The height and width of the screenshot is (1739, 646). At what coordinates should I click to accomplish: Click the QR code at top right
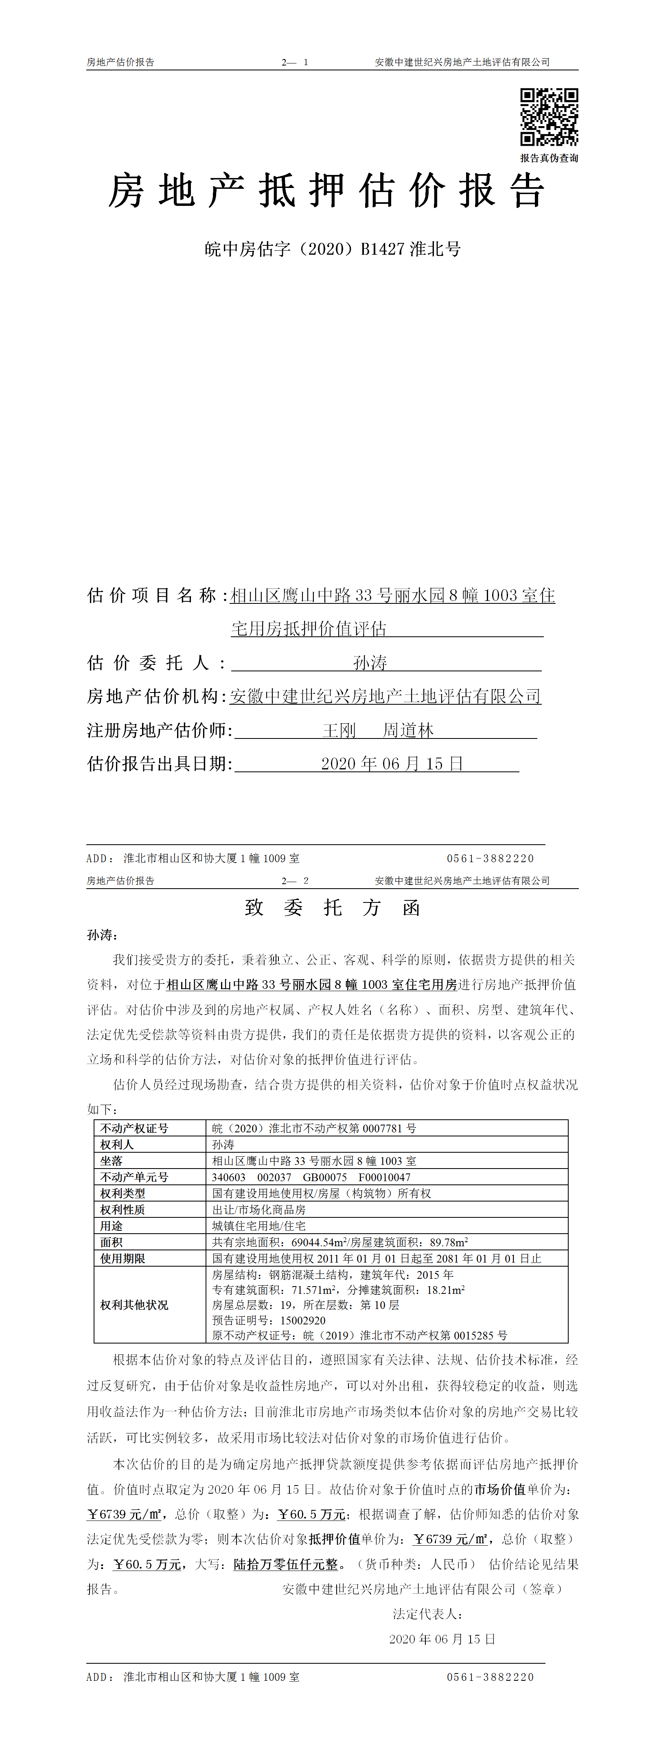(x=549, y=117)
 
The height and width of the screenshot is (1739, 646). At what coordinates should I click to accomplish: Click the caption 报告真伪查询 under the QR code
(x=549, y=158)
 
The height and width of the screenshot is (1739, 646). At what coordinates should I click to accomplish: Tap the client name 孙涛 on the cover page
(x=370, y=662)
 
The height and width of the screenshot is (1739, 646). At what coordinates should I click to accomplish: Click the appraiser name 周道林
(x=408, y=730)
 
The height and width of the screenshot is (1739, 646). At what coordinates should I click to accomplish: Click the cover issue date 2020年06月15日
(x=392, y=764)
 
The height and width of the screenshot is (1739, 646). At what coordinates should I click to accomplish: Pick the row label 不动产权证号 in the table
(x=134, y=1128)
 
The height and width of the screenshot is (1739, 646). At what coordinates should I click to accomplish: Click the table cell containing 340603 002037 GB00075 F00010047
(x=311, y=1177)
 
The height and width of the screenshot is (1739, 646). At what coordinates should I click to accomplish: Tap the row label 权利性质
(x=123, y=1209)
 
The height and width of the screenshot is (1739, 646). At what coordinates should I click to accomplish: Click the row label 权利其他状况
(x=134, y=1304)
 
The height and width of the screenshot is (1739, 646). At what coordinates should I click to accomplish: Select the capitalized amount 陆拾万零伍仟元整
(x=285, y=1564)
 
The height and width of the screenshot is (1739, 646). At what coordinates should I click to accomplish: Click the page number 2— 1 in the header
(x=295, y=62)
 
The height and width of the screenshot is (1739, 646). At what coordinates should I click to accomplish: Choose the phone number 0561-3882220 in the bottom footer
(x=490, y=1676)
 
